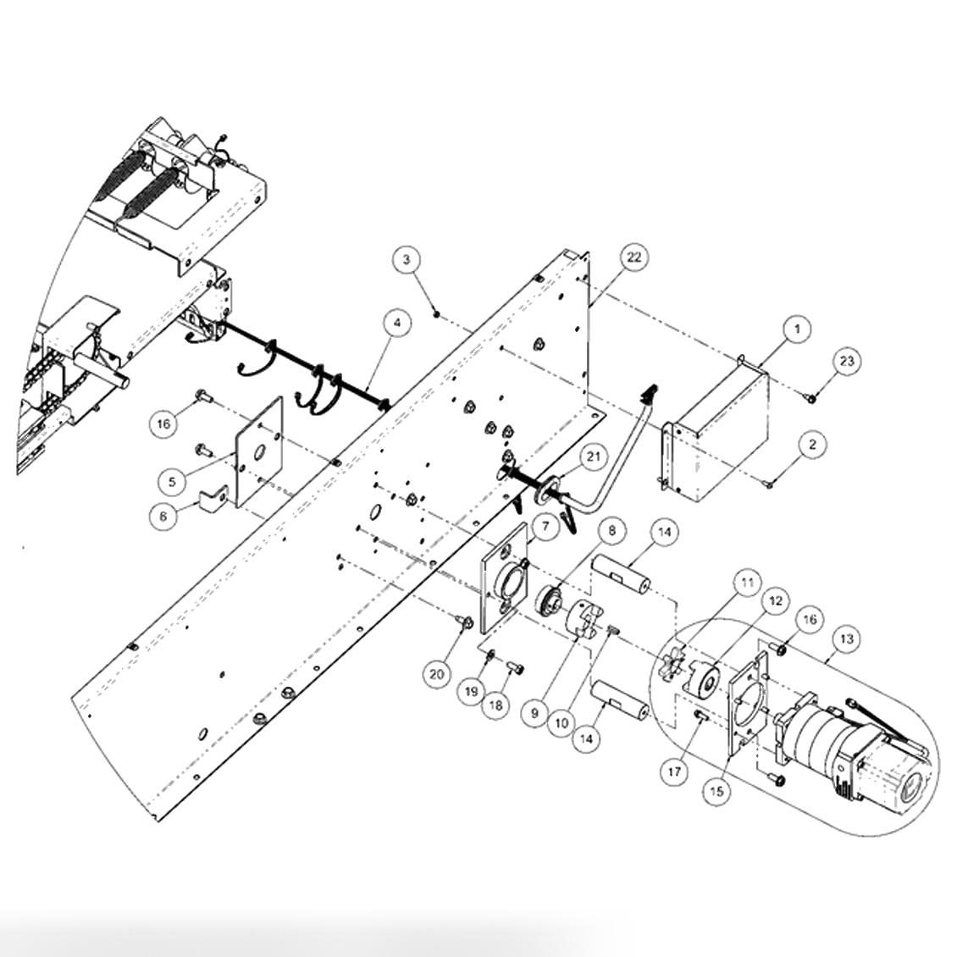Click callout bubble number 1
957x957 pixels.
pos(797,329)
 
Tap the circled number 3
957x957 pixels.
pos(407,259)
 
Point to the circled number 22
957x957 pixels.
pos(634,257)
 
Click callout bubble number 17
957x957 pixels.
pos(673,771)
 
